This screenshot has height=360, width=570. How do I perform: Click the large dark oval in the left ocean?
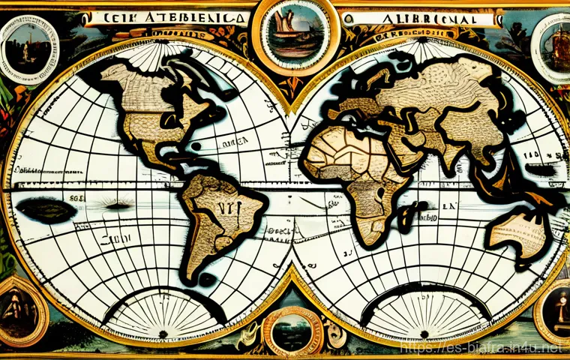45,208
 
